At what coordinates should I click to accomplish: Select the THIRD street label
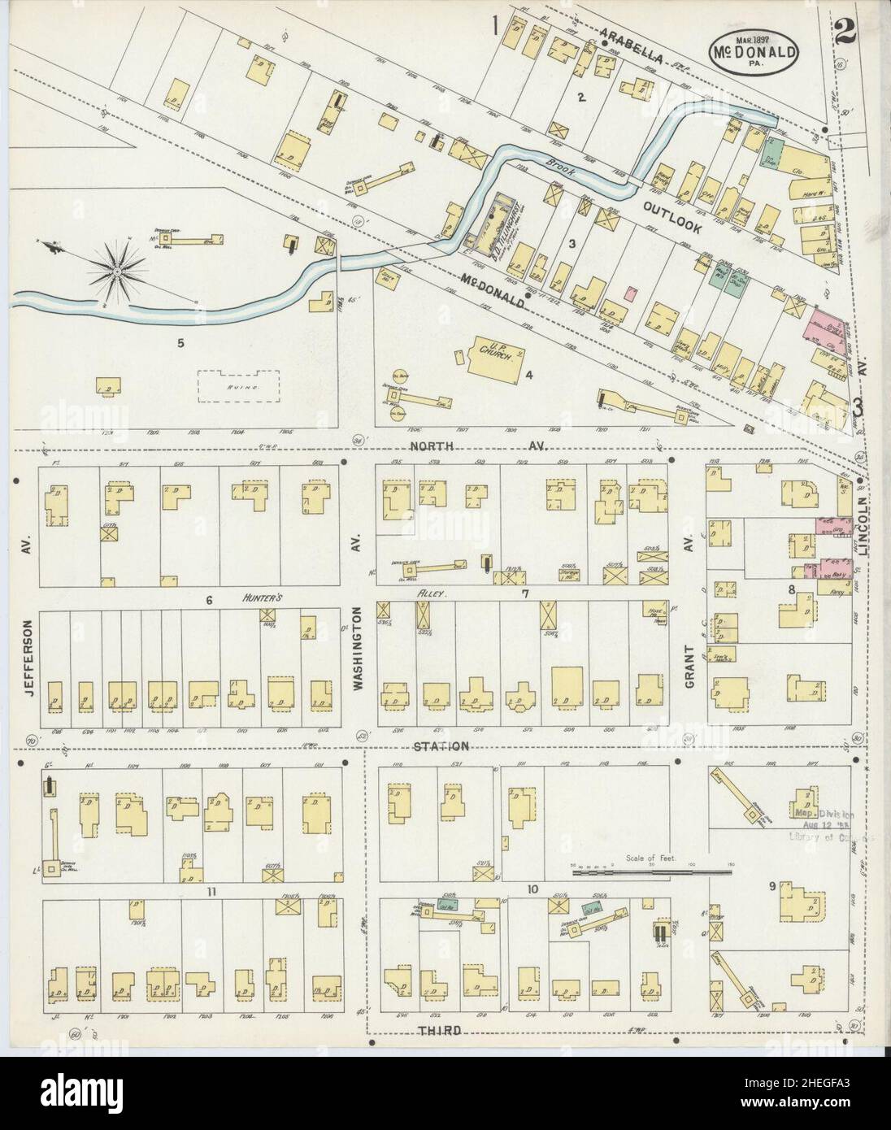(439, 1030)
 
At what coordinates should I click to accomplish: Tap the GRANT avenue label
(689, 667)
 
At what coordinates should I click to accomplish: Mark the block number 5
(181, 343)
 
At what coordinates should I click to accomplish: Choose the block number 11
(211, 892)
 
